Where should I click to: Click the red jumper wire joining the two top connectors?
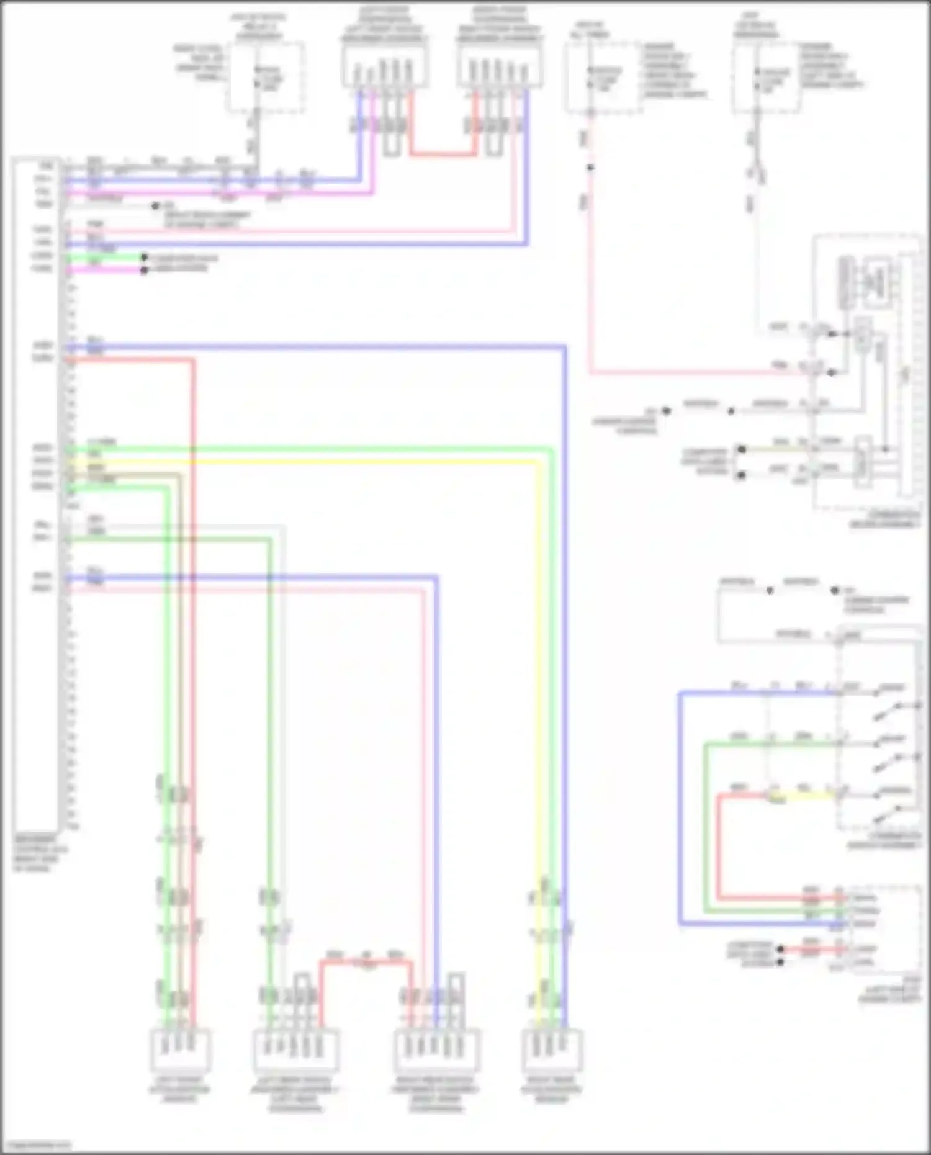442,153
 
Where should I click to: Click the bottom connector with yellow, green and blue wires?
552,1049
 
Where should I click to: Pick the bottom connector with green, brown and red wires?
181,1049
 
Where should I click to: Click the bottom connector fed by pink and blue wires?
437,1049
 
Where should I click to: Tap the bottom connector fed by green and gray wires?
295,1049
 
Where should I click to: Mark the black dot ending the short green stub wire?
144,257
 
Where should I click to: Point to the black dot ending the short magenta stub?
144,270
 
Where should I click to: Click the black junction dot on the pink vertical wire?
590,168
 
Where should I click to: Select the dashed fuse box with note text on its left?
266,78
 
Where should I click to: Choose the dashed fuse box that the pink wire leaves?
603,78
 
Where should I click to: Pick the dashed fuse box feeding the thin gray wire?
766,78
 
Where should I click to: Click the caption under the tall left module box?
40,853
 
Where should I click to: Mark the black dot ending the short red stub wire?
781,950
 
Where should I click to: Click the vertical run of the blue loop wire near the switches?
680,807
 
